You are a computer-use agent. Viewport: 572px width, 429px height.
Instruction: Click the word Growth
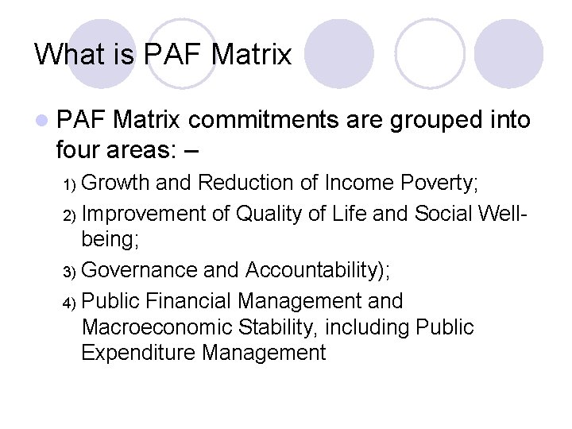tap(116, 184)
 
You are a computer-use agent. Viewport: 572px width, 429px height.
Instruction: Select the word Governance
tap(140, 271)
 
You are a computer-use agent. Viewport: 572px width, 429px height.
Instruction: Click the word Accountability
tap(314, 271)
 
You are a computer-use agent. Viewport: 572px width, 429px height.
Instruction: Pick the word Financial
tap(191, 302)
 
